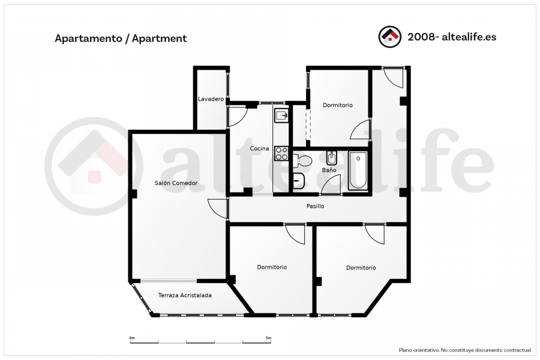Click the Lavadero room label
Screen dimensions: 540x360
point(211,99)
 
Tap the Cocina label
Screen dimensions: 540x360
point(259,148)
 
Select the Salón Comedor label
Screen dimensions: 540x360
point(176,183)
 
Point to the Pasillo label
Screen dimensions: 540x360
point(316,206)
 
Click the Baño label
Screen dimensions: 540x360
point(329,170)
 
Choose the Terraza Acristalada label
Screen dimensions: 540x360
point(185,295)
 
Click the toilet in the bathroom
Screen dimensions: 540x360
point(302,161)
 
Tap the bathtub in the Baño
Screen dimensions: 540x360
point(358,170)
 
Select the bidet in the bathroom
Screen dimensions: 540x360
point(332,158)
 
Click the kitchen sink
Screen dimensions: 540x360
point(281,115)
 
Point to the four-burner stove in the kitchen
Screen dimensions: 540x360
point(281,154)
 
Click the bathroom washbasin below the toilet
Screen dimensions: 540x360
point(299,181)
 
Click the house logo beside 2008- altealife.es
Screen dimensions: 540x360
point(390,37)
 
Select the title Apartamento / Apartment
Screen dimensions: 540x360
point(121,38)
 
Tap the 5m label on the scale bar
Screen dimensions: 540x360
point(268,338)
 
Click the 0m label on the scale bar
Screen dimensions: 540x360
point(132,338)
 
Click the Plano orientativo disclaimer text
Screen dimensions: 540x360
point(465,350)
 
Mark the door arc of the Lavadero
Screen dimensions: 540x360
point(243,119)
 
